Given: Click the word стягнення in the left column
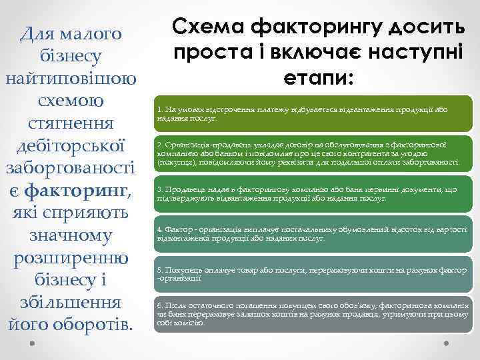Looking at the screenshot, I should point(71,123).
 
